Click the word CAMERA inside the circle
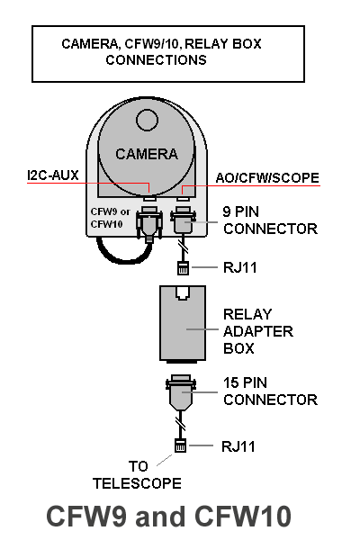[x=147, y=154]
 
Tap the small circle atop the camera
[x=147, y=121]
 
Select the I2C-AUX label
[x=53, y=175]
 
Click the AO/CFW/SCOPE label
[x=267, y=177]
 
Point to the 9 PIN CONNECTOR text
[x=270, y=220]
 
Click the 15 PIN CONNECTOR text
[x=270, y=391]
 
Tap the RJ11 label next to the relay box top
[x=240, y=267]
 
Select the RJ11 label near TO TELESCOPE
[x=238, y=446]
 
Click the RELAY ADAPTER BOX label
[x=258, y=331]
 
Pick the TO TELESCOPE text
[x=137, y=475]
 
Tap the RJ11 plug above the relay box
[x=183, y=268]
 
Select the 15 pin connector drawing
[x=181, y=392]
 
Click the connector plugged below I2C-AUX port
[x=149, y=223]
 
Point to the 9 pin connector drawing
[x=184, y=220]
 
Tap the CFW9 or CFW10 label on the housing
[x=110, y=218]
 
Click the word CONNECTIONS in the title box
[x=156, y=60]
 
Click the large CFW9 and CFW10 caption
[x=169, y=517]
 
